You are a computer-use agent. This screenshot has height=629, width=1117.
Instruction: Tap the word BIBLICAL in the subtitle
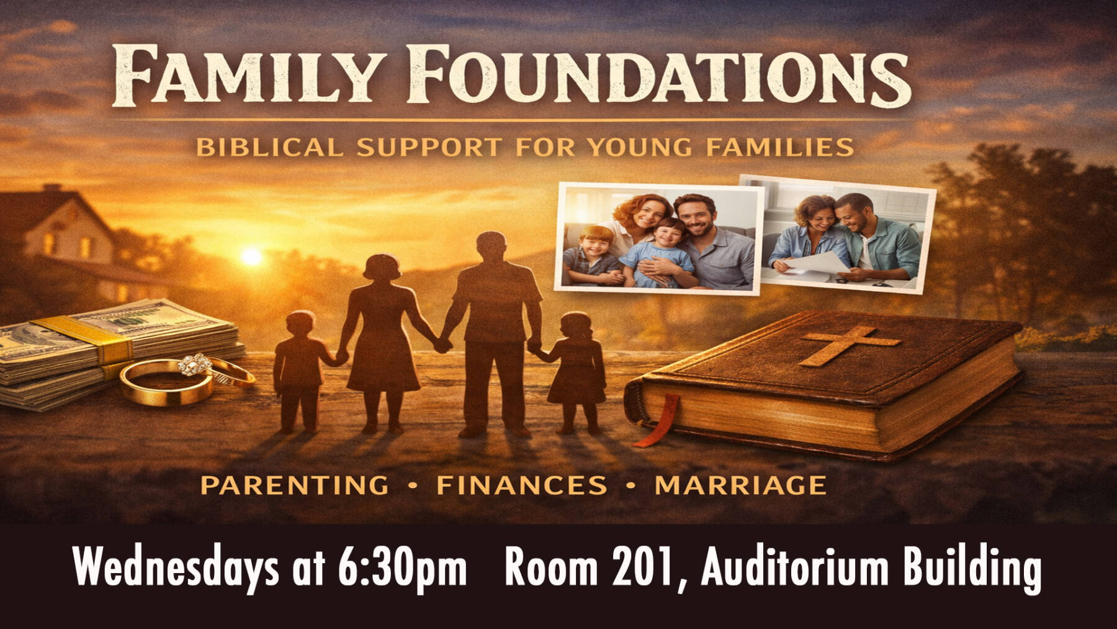pyautogui.click(x=269, y=148)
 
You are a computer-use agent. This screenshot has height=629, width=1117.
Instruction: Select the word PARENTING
pyautogui.click(x=295, y=485)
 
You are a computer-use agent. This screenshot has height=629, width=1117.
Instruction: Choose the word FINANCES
pyautogui.click(x=522, y=485)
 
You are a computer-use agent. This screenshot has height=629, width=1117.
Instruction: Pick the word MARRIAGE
pyautogui.click(x=740, y=485)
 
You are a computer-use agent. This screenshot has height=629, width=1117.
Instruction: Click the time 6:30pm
pyautogui.click(x=402, y=567)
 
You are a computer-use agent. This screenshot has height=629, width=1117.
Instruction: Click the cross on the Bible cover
pyautogui.click(x=849, y=345)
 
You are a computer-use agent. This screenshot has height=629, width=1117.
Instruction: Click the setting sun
pyautogui.click(x=251, y=256)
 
